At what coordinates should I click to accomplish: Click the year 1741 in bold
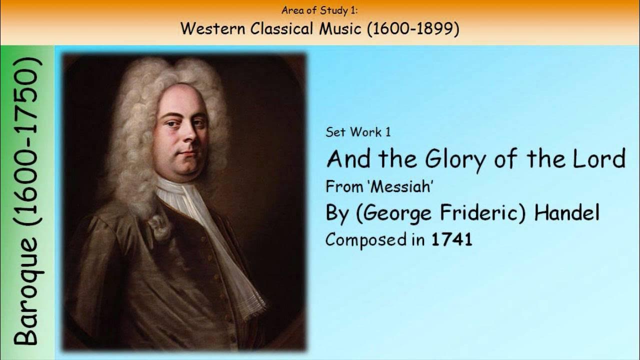pyautogui.click(x=451, y=240)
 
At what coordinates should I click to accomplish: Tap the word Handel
pyautogui.click(x=566, y=213)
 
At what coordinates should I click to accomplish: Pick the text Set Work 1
pyautogui.click(x=358, y=132)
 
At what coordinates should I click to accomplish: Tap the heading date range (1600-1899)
pyautogui.click(x=413, y=29)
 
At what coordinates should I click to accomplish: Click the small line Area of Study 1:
pyautogui.click(x=319, y=9)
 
